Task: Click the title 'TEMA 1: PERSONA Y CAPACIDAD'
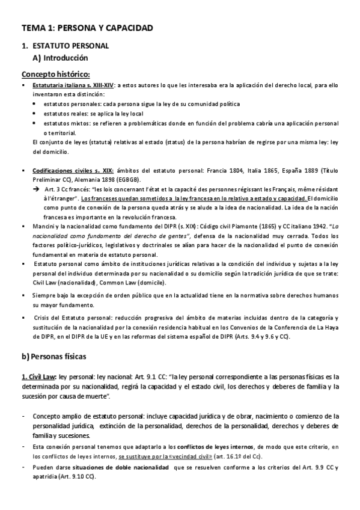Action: click(87, 28)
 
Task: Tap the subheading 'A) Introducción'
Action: click(63, 58)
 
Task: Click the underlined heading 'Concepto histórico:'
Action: click(56, 75)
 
